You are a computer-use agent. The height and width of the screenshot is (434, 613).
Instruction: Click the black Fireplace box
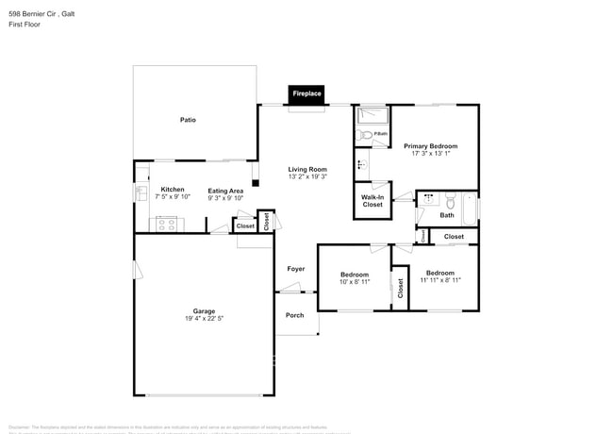click(306, 94)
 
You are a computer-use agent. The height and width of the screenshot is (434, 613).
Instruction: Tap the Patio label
click(188, 120)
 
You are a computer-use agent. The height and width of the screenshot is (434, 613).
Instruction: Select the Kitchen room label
click(172, 190)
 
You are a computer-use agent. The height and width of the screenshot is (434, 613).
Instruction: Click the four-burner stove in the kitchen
click(168, 224)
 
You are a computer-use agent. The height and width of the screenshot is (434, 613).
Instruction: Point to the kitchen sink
click(140, 193)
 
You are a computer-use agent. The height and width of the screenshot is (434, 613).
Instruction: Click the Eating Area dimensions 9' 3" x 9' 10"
click(226, 198)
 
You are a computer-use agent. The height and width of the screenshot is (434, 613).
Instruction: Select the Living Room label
click(306, 170)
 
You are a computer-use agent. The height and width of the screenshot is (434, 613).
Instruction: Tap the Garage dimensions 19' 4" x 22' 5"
click(204, 319)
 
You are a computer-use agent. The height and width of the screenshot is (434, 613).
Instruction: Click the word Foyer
click(296, 269)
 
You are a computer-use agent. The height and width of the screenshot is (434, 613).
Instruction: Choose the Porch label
click(295, 315)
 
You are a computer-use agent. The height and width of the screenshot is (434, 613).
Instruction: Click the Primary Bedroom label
click(430, 146)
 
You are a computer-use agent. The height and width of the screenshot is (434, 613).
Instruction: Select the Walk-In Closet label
click(373, 200)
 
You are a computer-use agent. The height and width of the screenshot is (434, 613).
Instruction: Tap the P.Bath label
click(380, 133)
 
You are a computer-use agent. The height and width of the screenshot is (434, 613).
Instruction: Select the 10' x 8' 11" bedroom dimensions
click(355, 281)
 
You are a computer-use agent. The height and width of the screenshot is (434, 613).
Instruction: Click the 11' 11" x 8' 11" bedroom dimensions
click(441, 280)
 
